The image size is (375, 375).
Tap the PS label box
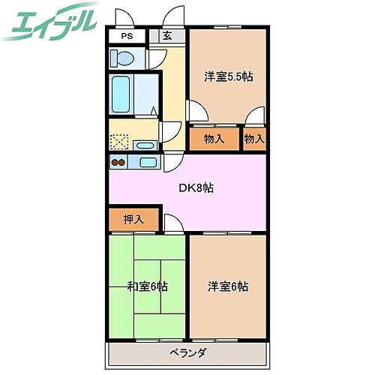[x=129, y=35]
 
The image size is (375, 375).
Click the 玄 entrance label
[x=165, y=35]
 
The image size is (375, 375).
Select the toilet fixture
[x=121, y=57]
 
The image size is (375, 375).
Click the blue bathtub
[x=120, y=94]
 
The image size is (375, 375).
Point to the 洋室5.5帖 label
[x=227, y=76]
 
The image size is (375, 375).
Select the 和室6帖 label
[x=148, y=286]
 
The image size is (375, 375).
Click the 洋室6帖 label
[x=228, y=286]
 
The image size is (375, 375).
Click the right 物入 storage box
[x=254, y=139]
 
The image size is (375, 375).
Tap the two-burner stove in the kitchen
[x=118, y=162]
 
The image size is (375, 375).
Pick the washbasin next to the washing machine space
[x=146, y=145]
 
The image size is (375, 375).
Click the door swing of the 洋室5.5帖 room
[x=198, y=112]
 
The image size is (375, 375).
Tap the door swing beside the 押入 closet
[x=172, y=223]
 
